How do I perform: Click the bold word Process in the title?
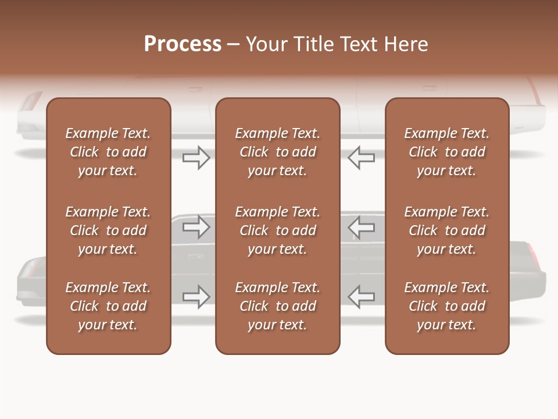click(x=183, y=44)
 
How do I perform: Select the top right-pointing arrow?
click(x=196, y=157)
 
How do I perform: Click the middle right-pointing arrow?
click(x=196, y=226)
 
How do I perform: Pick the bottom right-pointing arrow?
click(x=196, y=296)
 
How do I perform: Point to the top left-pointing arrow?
click(x=361, y=157)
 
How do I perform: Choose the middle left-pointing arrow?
click(x=361, y=226)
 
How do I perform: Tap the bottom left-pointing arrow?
click(x=361, y=296)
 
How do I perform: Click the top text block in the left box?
click(x=108, y=152)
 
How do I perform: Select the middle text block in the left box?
click(x=108, y=230)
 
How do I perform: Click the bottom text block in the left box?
click(x=108, y=306)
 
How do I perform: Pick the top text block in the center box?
click(x=278, y=152)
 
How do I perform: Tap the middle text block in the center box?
click(x=278, y=230)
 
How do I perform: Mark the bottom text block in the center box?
click(x=278, y=306)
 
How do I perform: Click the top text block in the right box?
click(x=447, y=152)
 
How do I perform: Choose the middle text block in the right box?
click(x=447, y=230)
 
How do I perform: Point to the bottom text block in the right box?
click(x=447, y=306)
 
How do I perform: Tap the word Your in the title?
click(x=266, y=44)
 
